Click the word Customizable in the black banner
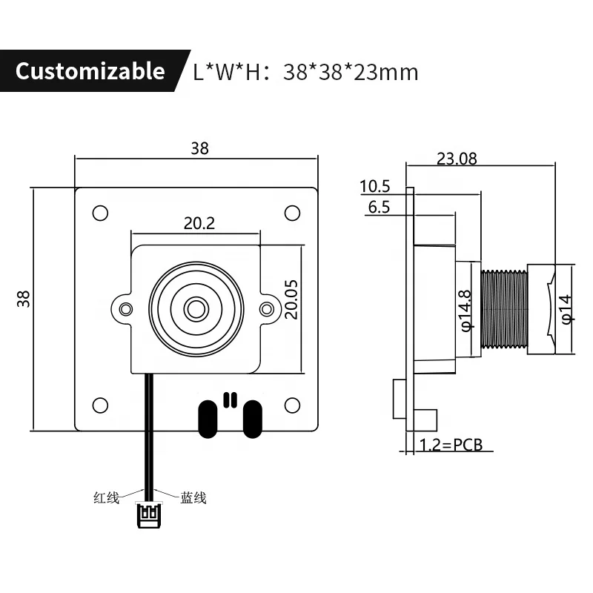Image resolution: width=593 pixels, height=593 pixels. (90, 71)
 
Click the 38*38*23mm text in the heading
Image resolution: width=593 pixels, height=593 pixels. (351, 72)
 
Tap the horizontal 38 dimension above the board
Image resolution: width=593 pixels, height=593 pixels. (199, 148)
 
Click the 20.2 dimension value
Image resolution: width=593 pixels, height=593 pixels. (199, 222)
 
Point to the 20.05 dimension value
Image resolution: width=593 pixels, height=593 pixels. (291, 299)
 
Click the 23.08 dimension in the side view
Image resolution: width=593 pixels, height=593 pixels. (457, 158)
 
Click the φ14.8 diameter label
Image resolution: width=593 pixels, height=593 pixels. (466, 310)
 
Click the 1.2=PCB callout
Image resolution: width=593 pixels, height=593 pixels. (451, 445)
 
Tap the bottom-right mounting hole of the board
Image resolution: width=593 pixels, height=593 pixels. (292, 405)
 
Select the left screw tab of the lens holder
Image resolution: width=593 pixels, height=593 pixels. (125, 308)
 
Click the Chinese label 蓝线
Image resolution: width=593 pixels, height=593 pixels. (193, 498)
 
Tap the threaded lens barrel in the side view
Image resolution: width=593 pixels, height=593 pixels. (504, 308)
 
